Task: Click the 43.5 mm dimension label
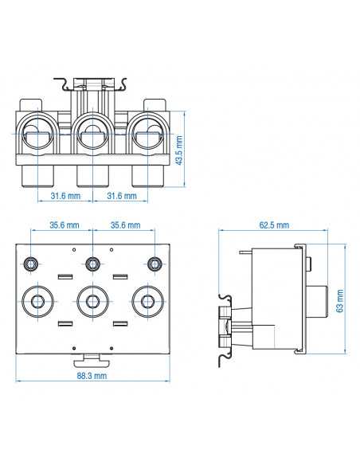(x=179, y=148)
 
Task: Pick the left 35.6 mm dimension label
(x=64, y=225)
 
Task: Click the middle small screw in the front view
(x=93, y=263)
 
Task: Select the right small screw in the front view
(x=155, y=263)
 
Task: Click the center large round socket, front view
(x=93, y=299)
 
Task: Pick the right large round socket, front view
(x=148, y=299)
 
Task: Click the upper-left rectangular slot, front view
(x=65, y=276)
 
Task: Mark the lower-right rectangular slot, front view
(x=120, y=324)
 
